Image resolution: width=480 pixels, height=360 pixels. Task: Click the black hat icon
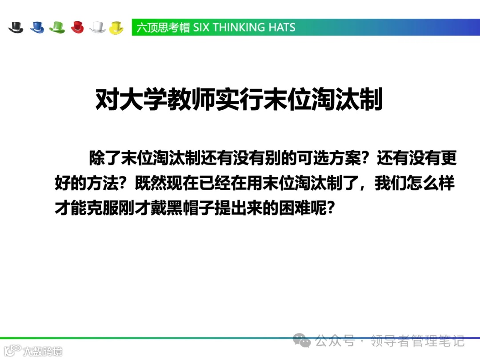click(x=16, y=27)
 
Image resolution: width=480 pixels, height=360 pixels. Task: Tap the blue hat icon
click(x=37, y=27)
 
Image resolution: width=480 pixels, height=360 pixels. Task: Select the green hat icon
click(x=57, y=27)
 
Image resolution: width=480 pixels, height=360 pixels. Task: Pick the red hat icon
click(x=77, y=27)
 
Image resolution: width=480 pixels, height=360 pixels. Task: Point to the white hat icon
click(x=97, y=27)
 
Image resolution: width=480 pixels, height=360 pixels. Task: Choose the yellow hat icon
click(x=116, y=27)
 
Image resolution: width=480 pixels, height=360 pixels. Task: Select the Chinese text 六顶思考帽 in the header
click(x=163, y=28)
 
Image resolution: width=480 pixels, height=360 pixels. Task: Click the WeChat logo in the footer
click(x=304, y=341)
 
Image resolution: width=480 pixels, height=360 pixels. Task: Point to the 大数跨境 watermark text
click(x=43, y=351)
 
